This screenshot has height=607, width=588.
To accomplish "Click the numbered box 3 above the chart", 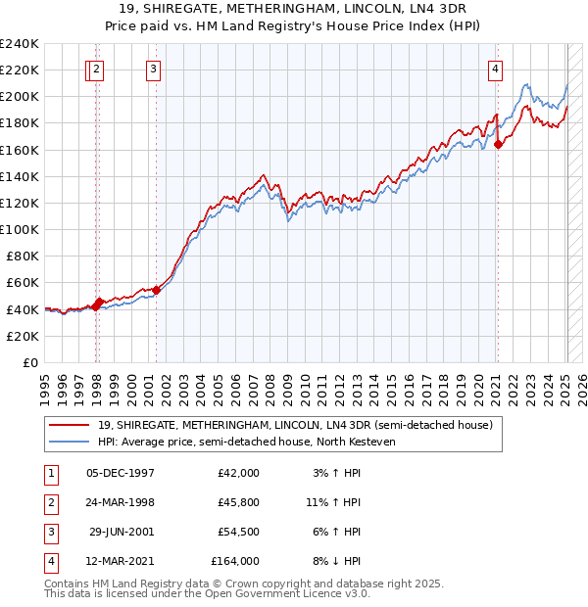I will click(x=155, y=69).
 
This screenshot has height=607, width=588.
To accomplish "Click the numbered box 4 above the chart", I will click(x=496, y=69).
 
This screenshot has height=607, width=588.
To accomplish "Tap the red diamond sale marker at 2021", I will click(x=498, y=144).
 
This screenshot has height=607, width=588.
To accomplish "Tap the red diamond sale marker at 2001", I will click(x=157, y=290).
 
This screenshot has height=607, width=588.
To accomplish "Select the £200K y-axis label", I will click(x=20, y=97).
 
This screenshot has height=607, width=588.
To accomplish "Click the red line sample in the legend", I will click(x=70, y=425).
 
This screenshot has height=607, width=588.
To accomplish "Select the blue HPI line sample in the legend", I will click(x=70, y=442).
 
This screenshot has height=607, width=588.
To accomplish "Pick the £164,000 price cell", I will click(x=235, y=561).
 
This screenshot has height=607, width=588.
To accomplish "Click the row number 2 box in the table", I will click(x=49, y=502).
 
